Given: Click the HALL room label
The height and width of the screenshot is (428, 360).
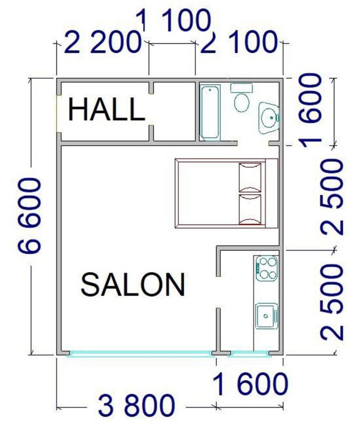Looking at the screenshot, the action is (x=107, y=110).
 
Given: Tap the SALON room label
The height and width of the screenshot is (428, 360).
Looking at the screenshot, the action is (x=133, y=285).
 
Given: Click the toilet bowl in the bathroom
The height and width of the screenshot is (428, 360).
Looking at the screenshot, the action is (x=242, y=103).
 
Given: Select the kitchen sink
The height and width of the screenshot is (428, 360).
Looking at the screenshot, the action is (x=267, y=316).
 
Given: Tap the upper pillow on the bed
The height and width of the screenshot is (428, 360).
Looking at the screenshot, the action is (x=250, y=178).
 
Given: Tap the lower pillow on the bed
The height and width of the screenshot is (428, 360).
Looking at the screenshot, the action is (x=250, y=209).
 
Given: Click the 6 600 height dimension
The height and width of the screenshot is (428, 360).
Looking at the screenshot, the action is (x=30, y=215).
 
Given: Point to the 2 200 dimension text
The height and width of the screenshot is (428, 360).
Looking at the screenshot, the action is (x=102, y=42).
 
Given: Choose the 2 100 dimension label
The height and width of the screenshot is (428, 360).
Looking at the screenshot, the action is (x=239, y=42).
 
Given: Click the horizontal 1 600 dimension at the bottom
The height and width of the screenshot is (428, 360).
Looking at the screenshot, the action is (x=250, y=384).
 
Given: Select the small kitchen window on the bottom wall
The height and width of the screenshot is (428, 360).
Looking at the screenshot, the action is (x=250, y=354).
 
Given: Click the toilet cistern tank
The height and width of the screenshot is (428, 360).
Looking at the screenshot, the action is (x=242, y=88).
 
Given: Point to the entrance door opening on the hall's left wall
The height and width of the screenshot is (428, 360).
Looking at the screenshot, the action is (x=58, y=114).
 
